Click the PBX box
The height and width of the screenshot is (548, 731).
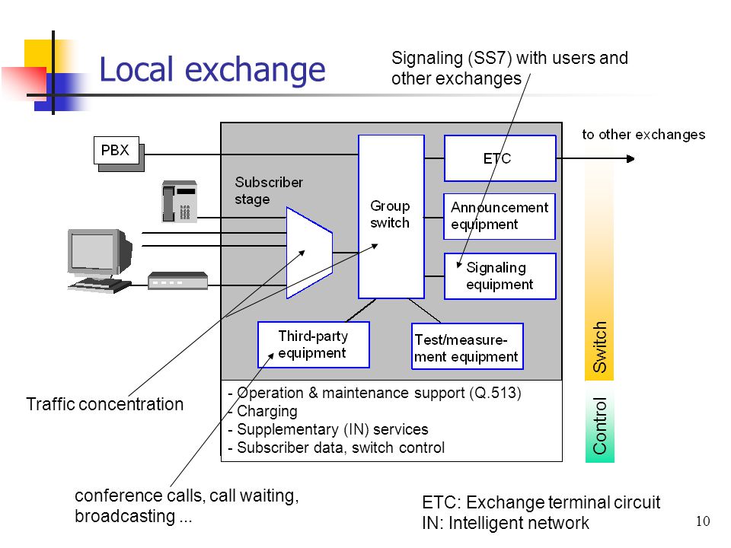coord(117,151)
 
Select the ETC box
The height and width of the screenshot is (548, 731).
coord(500,158)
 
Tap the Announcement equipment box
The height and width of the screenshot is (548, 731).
coord(500,216)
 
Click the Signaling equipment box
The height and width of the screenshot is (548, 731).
coord(500,276)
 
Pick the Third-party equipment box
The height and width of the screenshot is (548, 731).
coord(313,345)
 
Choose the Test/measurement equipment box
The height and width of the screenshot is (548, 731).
coord(467,346)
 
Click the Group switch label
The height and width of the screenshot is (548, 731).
coord(390,215)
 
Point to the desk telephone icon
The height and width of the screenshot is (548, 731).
coord(180,201)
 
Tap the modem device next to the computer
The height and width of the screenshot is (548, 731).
coord(177,281)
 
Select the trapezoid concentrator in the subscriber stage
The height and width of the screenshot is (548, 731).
coord(309,253)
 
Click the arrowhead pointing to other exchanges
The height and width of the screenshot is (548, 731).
coord(630,159)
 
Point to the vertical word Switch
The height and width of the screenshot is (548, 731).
coord(599,347)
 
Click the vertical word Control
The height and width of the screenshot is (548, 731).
coord(599,426)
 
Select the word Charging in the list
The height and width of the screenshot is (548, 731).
coord(267,411)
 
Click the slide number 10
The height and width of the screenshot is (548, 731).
coord(703,521)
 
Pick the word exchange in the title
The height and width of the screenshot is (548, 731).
coord(255,70)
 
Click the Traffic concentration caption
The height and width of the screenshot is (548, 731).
coord(105,404)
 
